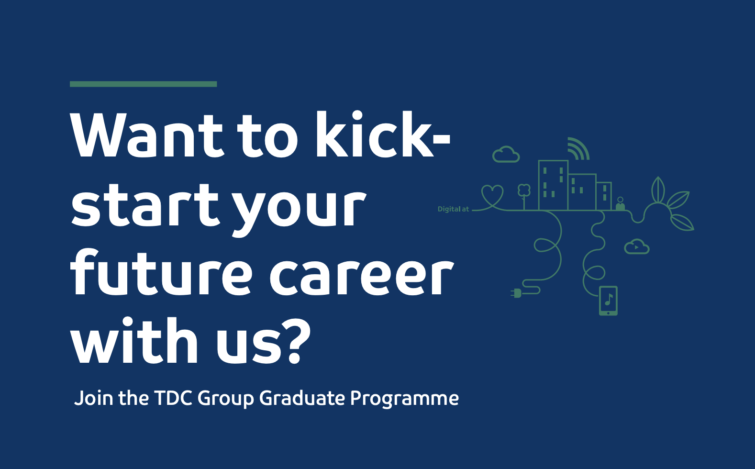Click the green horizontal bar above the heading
point(143,84)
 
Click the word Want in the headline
point(147,135)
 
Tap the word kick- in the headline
point(383,134)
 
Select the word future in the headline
point(161,272)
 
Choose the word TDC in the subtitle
point(173,398)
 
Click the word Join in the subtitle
point(94,398)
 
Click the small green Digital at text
point(453,209)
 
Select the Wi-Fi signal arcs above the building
point(578,148)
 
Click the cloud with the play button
point(636,246)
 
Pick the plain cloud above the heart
point(506,155)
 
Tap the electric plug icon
point(516,293)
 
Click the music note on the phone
point(609,299)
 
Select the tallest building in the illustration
point(553,185)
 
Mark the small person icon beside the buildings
point(620,204)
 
